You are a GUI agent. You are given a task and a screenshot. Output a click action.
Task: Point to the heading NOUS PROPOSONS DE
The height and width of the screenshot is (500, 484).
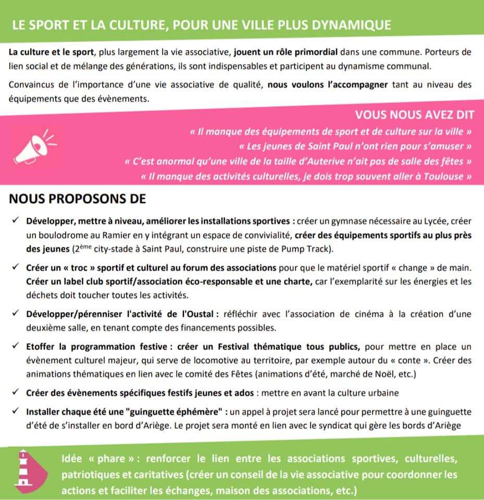coord(78,198)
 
